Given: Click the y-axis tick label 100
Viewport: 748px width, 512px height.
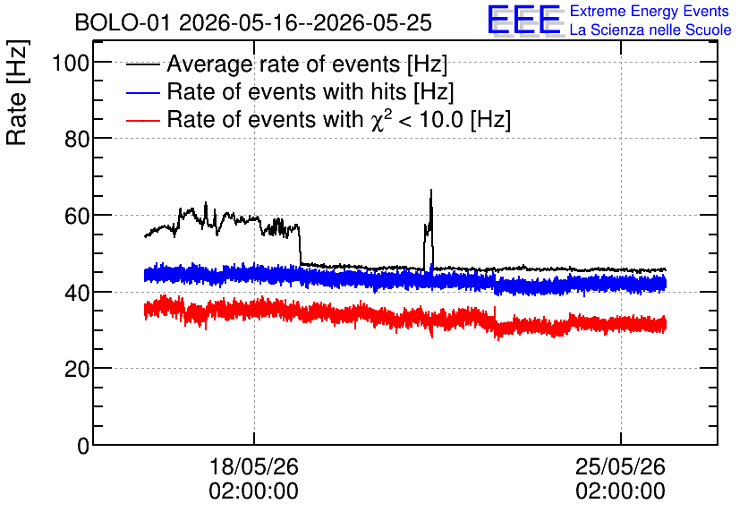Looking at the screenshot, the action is pos(71,63).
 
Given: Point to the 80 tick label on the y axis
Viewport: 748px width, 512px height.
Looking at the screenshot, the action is pos(77,140).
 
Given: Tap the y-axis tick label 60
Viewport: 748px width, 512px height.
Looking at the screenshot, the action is pos(77,216).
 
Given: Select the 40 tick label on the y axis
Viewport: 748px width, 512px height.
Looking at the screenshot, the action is pos(77,293).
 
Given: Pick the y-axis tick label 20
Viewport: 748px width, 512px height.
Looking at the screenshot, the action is pos(77,370).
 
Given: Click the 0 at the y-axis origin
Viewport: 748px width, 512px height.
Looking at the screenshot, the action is pos(83,446).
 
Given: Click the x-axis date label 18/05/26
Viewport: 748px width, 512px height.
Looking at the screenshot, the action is pos(254,466).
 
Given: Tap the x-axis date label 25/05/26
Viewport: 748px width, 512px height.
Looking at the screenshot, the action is pos(620,466).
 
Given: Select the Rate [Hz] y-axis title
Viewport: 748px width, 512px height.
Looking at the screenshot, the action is pos(17,92).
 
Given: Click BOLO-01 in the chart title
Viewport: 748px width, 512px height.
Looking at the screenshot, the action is pos(123,23).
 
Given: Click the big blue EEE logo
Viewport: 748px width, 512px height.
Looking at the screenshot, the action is pos(524,20).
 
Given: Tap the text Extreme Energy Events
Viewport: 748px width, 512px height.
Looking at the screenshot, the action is pos(650,11).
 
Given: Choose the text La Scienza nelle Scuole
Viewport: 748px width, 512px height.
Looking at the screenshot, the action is pos(650,30).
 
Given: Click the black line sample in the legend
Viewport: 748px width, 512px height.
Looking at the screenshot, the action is pos(142,64).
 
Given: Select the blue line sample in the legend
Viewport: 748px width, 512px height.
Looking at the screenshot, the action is pos(142,92).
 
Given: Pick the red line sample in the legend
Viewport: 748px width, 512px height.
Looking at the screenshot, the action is pos(142,120).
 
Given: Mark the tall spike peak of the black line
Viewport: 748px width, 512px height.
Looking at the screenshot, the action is pos(431,190).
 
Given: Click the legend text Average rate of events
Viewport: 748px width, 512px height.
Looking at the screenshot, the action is pos(284,64).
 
